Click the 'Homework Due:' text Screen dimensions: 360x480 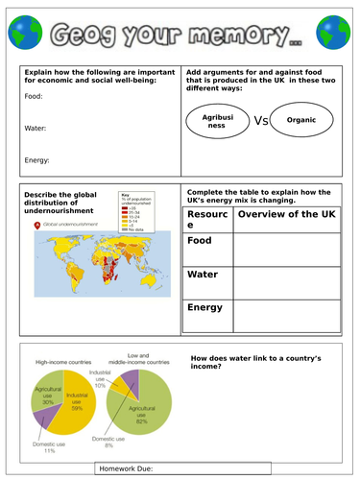point(129,468)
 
